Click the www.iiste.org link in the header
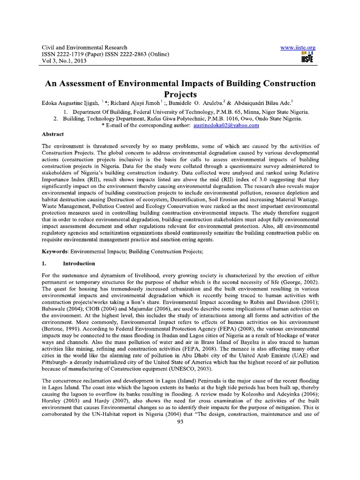tap(297, 48)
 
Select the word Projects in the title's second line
tap(180, 94)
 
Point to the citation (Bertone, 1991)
tap(60, 330)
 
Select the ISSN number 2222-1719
tap(72, 54)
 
